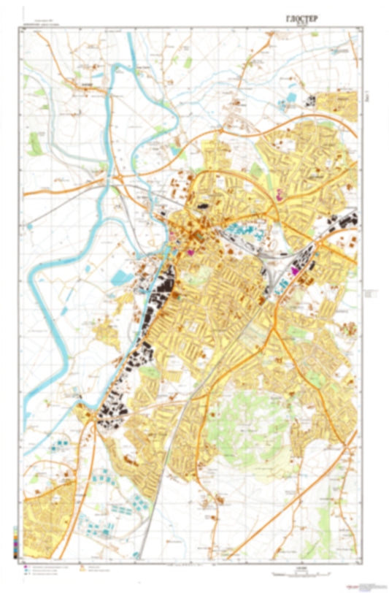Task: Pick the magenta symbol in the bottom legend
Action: (26, 567)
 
